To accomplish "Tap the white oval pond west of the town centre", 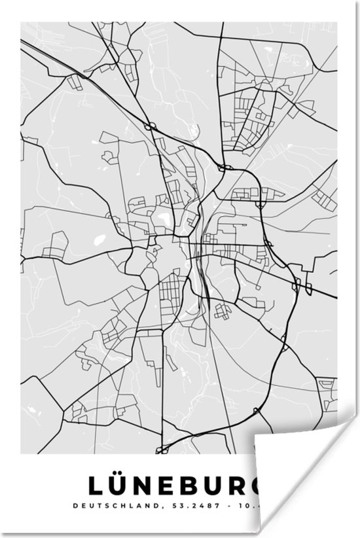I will coord(99,241).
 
